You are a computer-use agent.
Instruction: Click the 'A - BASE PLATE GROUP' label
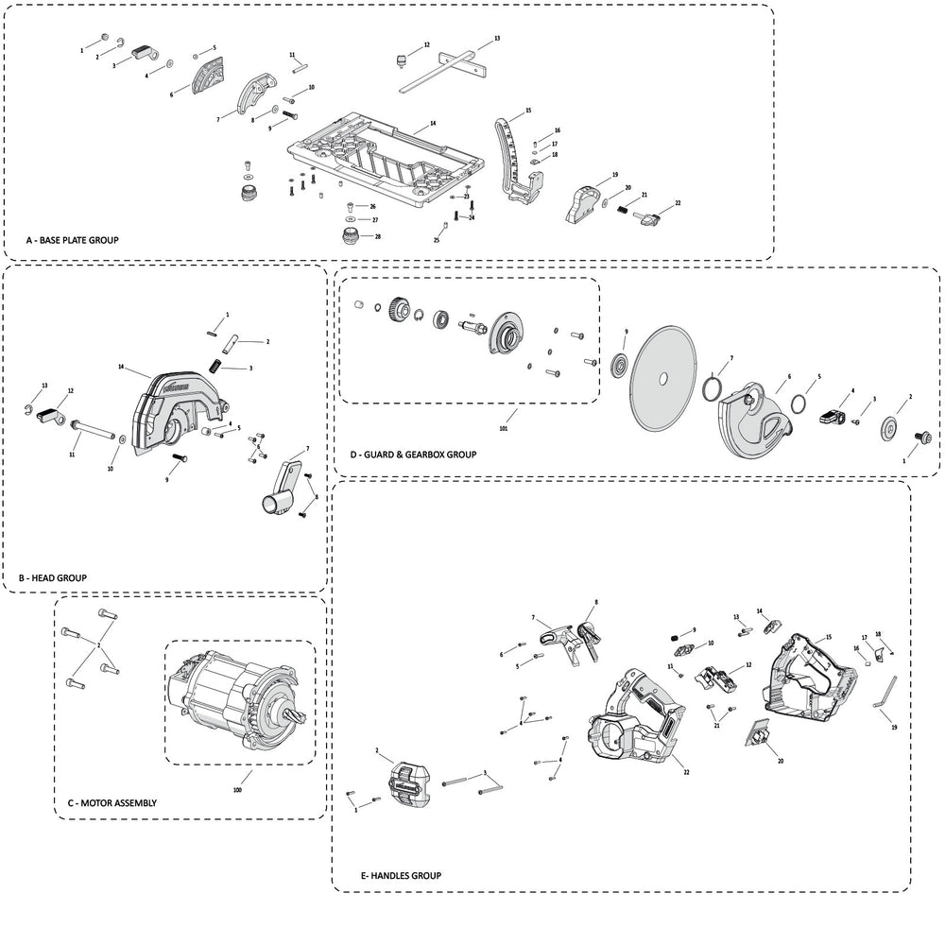click(x=75, y=241)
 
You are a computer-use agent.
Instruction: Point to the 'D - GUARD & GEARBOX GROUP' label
click(x=413, y=455)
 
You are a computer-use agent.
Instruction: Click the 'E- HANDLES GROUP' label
click(x=401, y=875)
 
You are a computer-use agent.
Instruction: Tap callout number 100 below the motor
click(x=235, y=787)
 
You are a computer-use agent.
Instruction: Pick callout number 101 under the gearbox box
click(x=504, y=428)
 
